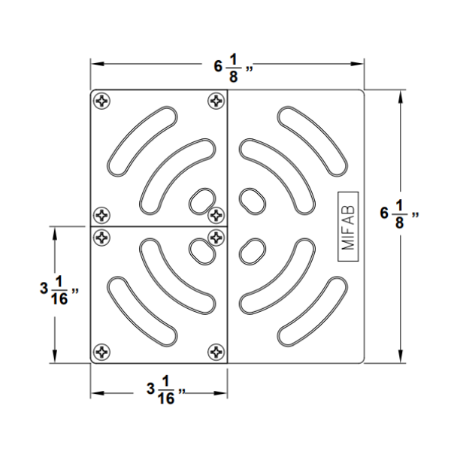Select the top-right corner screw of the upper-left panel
coord(216,99)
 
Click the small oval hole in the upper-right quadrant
coord(251,201)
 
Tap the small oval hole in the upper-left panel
coord(200,201)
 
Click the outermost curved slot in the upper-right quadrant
coord(310,140)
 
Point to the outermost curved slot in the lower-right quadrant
coord(310,313)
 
